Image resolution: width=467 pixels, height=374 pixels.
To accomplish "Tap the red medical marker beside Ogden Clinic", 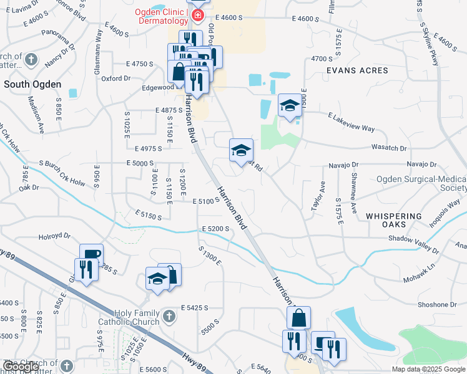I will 197,14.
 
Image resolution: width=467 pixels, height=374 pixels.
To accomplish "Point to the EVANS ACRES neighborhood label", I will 357,70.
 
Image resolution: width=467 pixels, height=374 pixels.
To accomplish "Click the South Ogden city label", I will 32,84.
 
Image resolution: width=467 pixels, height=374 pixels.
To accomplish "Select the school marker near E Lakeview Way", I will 290,106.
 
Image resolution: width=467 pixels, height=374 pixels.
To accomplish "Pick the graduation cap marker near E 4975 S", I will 242,150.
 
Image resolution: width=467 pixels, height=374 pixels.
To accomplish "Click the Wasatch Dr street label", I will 389,148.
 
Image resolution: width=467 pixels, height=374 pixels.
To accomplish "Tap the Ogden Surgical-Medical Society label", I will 421,183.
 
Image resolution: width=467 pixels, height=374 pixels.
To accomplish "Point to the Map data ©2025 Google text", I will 428,369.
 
